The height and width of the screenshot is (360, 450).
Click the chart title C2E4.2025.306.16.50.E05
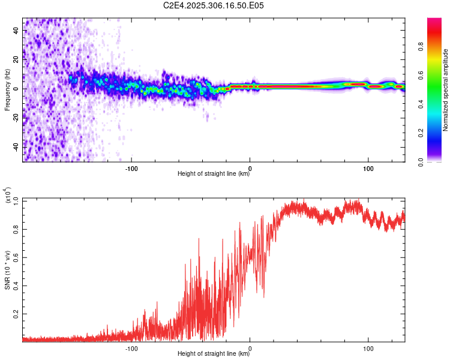click(214, 5)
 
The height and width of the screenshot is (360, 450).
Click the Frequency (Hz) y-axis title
click(7, 90)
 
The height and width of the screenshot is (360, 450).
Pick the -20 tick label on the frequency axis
click(15, 118)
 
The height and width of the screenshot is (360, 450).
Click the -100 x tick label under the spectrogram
click(131, 167)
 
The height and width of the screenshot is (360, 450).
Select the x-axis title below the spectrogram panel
click(214, 174)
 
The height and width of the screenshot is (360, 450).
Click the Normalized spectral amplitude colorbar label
click(446, 90)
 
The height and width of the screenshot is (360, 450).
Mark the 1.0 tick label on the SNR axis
click(16, 200)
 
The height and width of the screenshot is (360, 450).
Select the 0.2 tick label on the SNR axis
click(16, 313)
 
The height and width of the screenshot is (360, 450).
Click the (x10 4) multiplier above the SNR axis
click(7, 195)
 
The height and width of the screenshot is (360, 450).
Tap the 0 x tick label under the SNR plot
click(250, 347)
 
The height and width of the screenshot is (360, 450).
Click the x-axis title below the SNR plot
click(214, 354)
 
